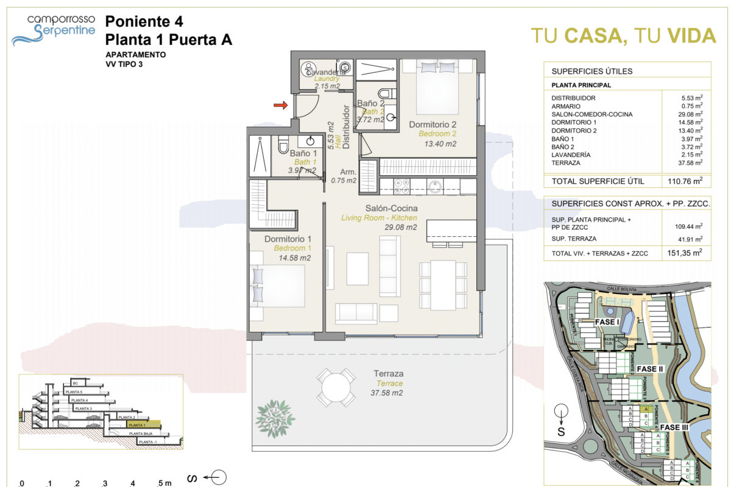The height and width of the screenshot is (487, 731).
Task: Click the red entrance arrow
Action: [x=280, y=106]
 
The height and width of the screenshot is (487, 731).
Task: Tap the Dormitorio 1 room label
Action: [x=288, y=239]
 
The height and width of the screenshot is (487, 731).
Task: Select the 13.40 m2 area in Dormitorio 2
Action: [x=440, y=144]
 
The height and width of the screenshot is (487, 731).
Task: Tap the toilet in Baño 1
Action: [x=283, y=147]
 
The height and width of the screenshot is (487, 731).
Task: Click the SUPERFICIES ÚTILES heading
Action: [x=583, y=71]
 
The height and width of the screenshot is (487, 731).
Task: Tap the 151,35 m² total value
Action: [x=685, y=252]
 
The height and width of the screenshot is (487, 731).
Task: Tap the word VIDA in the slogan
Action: [x=692, y=36]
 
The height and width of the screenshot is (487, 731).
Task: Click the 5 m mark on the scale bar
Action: [x=164, y=483]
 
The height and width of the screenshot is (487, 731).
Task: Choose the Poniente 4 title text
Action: [x=144, y=22]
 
